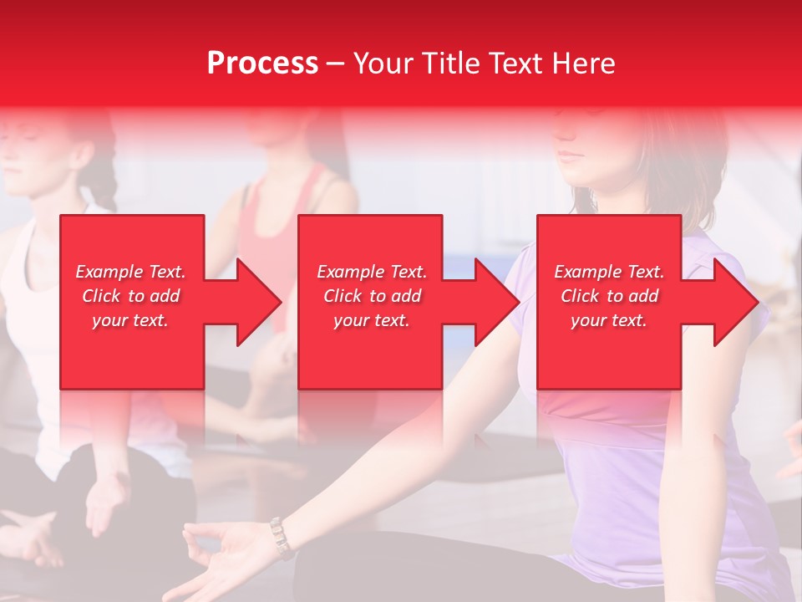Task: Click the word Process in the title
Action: coord(262,63)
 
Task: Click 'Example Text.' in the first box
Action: coord(130,272)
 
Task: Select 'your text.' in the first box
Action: coord(130,320)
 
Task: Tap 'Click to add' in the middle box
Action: coord(372,296)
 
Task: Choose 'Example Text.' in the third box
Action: coord(609,272)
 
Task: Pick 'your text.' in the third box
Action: coord(609,320)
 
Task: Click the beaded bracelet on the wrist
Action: coord(281,538)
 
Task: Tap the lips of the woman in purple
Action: coord(571,156)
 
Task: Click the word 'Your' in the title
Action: coord(384,63)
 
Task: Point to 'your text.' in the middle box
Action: coord(372,320)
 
